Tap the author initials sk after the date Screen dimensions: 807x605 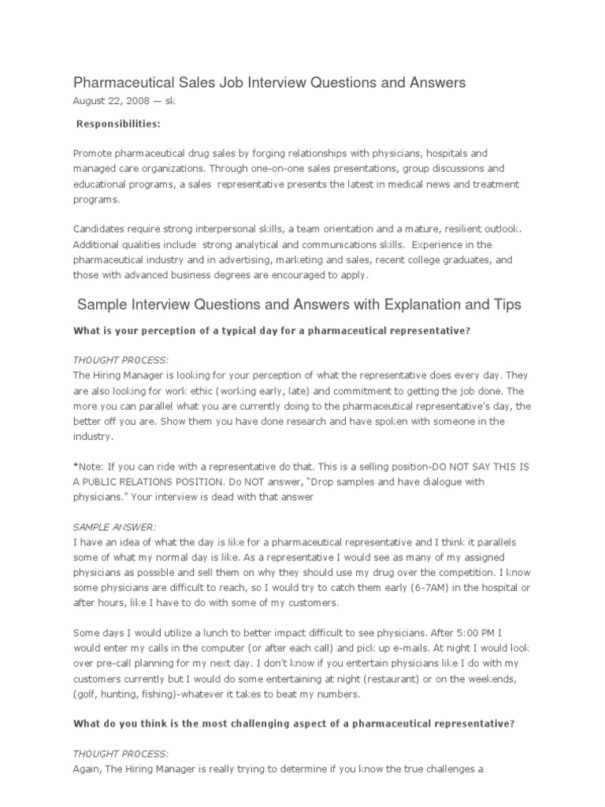[169, 101]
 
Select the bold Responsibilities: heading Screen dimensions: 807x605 [117, 125]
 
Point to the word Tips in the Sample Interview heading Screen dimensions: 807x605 [504, 304]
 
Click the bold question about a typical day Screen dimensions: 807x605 [272, 330]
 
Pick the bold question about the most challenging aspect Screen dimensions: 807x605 [293, 702]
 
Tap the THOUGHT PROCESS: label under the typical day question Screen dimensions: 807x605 [120, 359]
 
